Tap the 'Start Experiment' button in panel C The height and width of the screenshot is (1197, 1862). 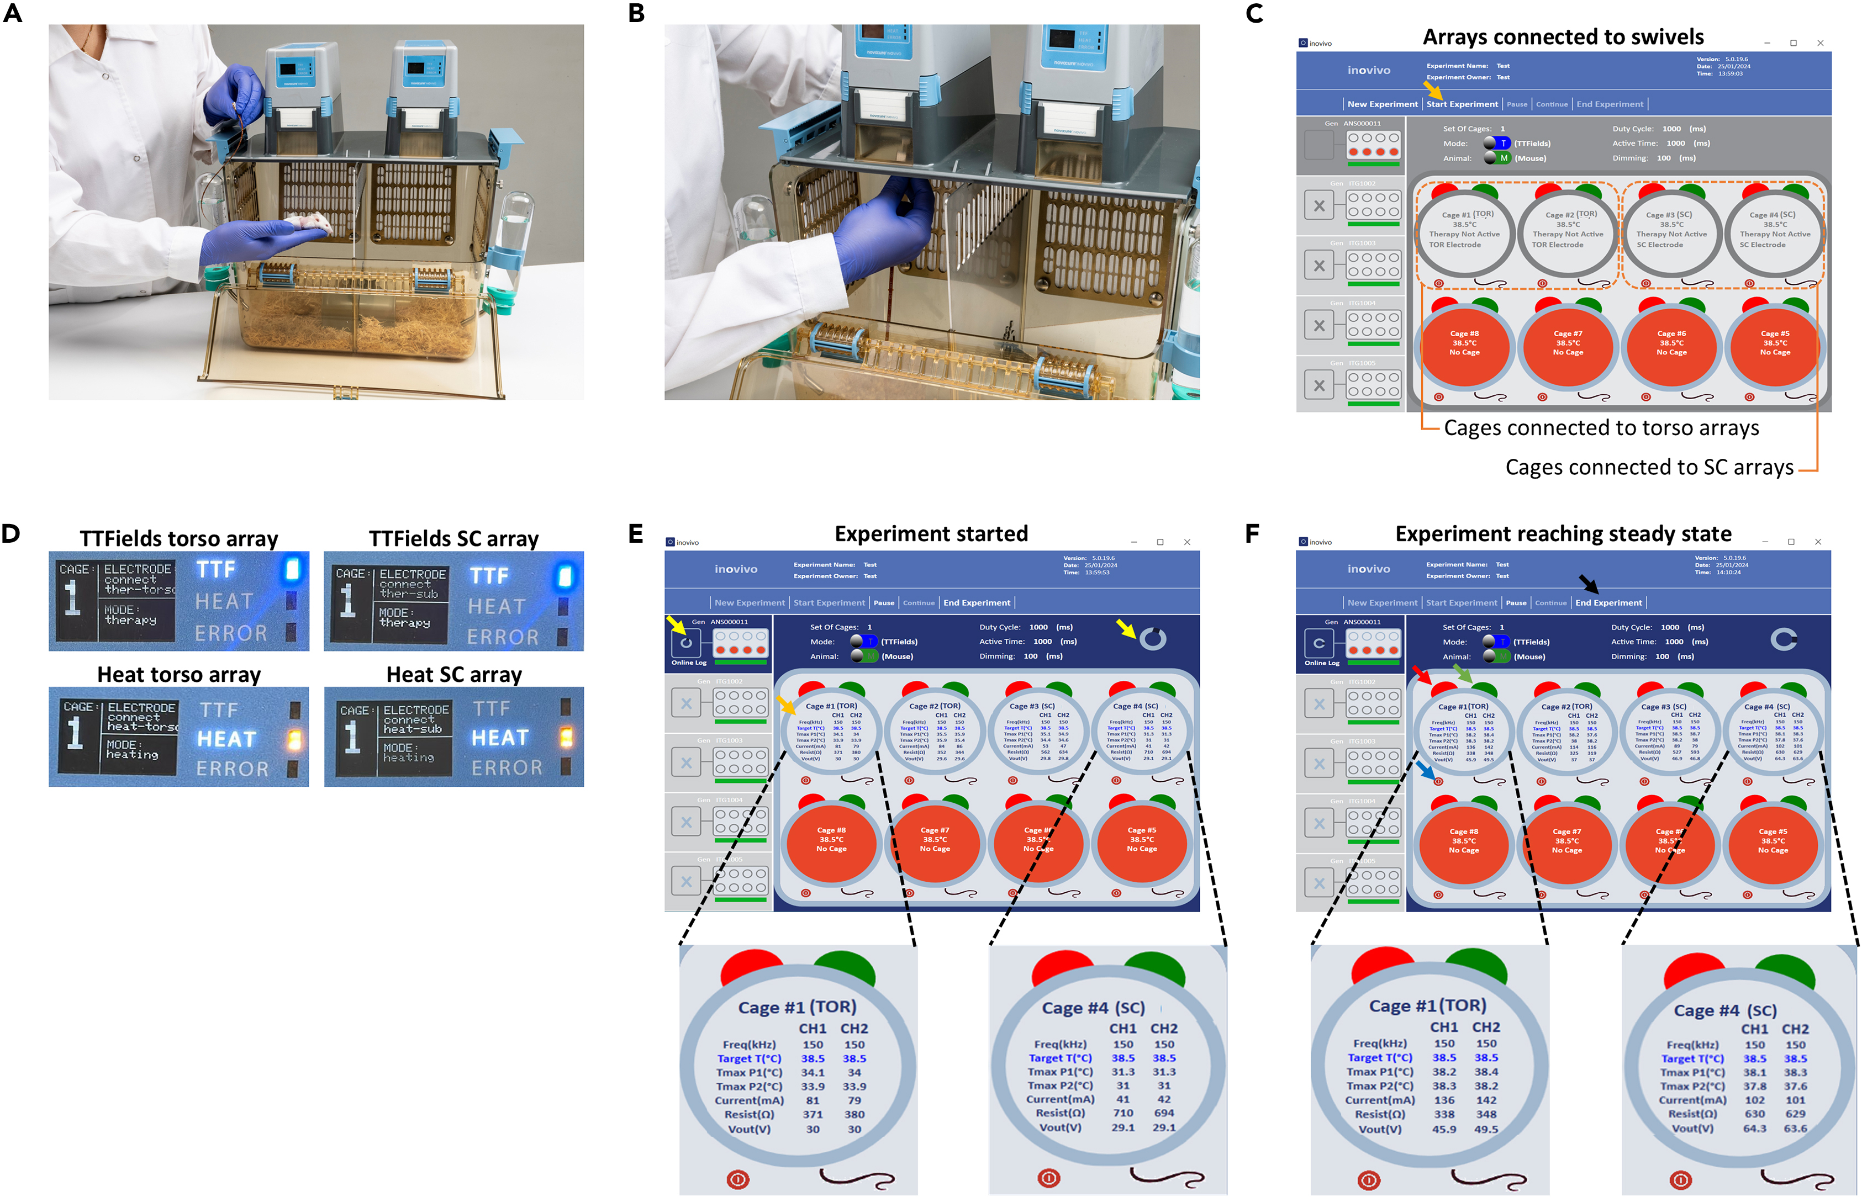click(x=1462, y=104)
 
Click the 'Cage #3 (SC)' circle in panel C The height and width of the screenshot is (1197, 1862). click(x=1671, y=229)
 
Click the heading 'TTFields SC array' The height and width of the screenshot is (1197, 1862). click(x=453, y=539)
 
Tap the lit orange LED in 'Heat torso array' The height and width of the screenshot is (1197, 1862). click(x=294, y=739)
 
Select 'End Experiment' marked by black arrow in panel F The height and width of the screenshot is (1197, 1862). click(x=1608, y=602)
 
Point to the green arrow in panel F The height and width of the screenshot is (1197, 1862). click(x=1463, y=673)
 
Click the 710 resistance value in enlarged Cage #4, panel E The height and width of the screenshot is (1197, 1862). click(x=1122, y=1113)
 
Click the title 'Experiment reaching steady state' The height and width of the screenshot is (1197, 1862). click(x=1563, y=534)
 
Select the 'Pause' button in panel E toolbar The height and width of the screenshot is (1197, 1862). click(x=883, y=602)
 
